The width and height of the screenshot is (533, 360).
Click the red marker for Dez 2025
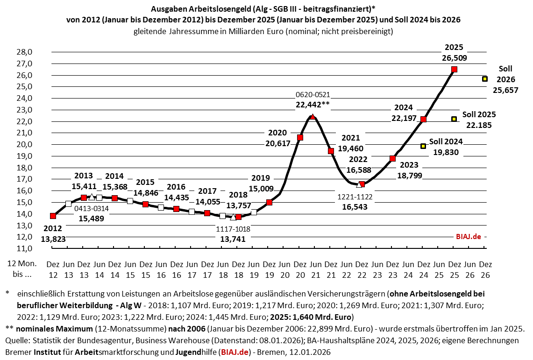(454, 69)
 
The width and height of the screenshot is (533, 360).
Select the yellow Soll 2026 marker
(485, 79)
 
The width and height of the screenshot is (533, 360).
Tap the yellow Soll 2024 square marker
(423, 146)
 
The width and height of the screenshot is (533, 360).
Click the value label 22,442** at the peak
(313, 105)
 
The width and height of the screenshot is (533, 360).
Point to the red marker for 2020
(300, 137)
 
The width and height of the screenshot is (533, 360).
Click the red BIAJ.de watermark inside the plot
(468, 237)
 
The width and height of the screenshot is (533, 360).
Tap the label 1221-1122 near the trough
(355, 197)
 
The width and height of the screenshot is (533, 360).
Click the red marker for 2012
(53, 216)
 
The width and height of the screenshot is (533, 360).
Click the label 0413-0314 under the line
(91, 209)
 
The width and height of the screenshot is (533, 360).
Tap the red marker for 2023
(392, 159)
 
